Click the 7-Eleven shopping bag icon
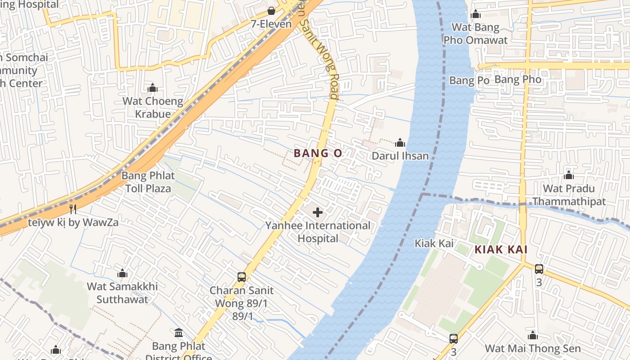coord(271,10)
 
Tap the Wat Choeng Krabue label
coord(153,108)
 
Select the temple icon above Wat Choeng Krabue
coord(153,88)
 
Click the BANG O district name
coord(318,153)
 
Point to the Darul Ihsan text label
coord(400,156)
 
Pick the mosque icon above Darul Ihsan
coord(400,143)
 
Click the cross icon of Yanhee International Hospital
coord(318,212)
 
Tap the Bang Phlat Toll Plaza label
coord(148,182)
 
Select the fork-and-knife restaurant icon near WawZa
coord(73,209)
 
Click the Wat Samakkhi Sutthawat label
coord(122,293)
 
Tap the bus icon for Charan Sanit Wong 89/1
coord(242,277)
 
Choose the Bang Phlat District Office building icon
coord(179,333)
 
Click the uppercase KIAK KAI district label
coord(501,250)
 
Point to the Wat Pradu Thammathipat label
coord(569,195)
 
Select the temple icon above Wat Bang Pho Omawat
coord(476,14)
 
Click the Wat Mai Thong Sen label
coord(533,349)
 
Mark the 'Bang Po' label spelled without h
coord(469,81)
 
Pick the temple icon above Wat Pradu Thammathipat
coord(569,175)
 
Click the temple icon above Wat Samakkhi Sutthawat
coord(122,273)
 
